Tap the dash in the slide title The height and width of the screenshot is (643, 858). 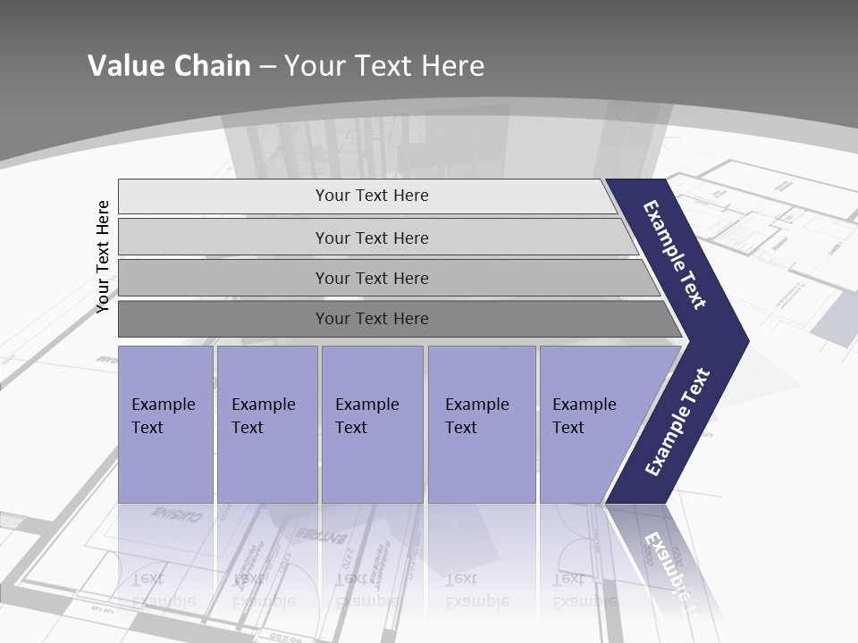pyautogui.click(x=267, y=66)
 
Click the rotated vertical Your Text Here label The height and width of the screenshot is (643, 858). pyautogui.click(x=103, y=256)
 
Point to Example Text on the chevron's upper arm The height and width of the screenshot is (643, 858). pyautogui.click(x=675, y=255)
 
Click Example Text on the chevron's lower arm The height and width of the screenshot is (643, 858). pyautogui.click(x=677, y=422)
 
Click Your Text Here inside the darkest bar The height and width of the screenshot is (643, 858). pyautogui.click(x=372, y=319)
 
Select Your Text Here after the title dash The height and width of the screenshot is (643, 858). pyautogui.click(x=384, y=65)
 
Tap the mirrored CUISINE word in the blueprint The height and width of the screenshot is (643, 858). pyautogui.click(x=176, y=515)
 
